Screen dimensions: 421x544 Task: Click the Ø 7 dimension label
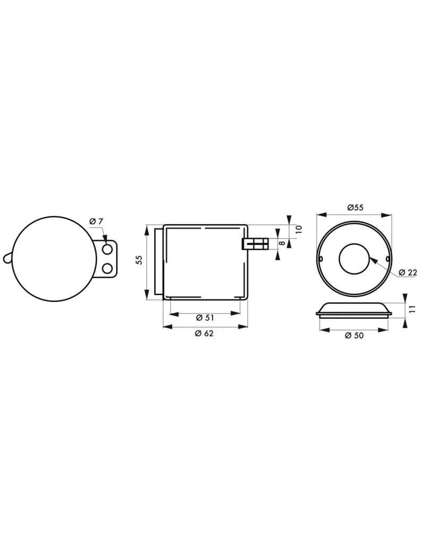pos(96,221)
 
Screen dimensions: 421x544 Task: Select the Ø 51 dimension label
pos(205,318)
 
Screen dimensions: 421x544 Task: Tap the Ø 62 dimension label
pos(205,334)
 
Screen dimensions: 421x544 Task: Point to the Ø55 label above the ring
pos(355,208)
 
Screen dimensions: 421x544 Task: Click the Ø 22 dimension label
pos(408,272)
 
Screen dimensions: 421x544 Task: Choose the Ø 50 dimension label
pos(355,336)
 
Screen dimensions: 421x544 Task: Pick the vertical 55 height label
pos(139,260)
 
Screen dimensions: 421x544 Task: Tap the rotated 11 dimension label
pos(412,310)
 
